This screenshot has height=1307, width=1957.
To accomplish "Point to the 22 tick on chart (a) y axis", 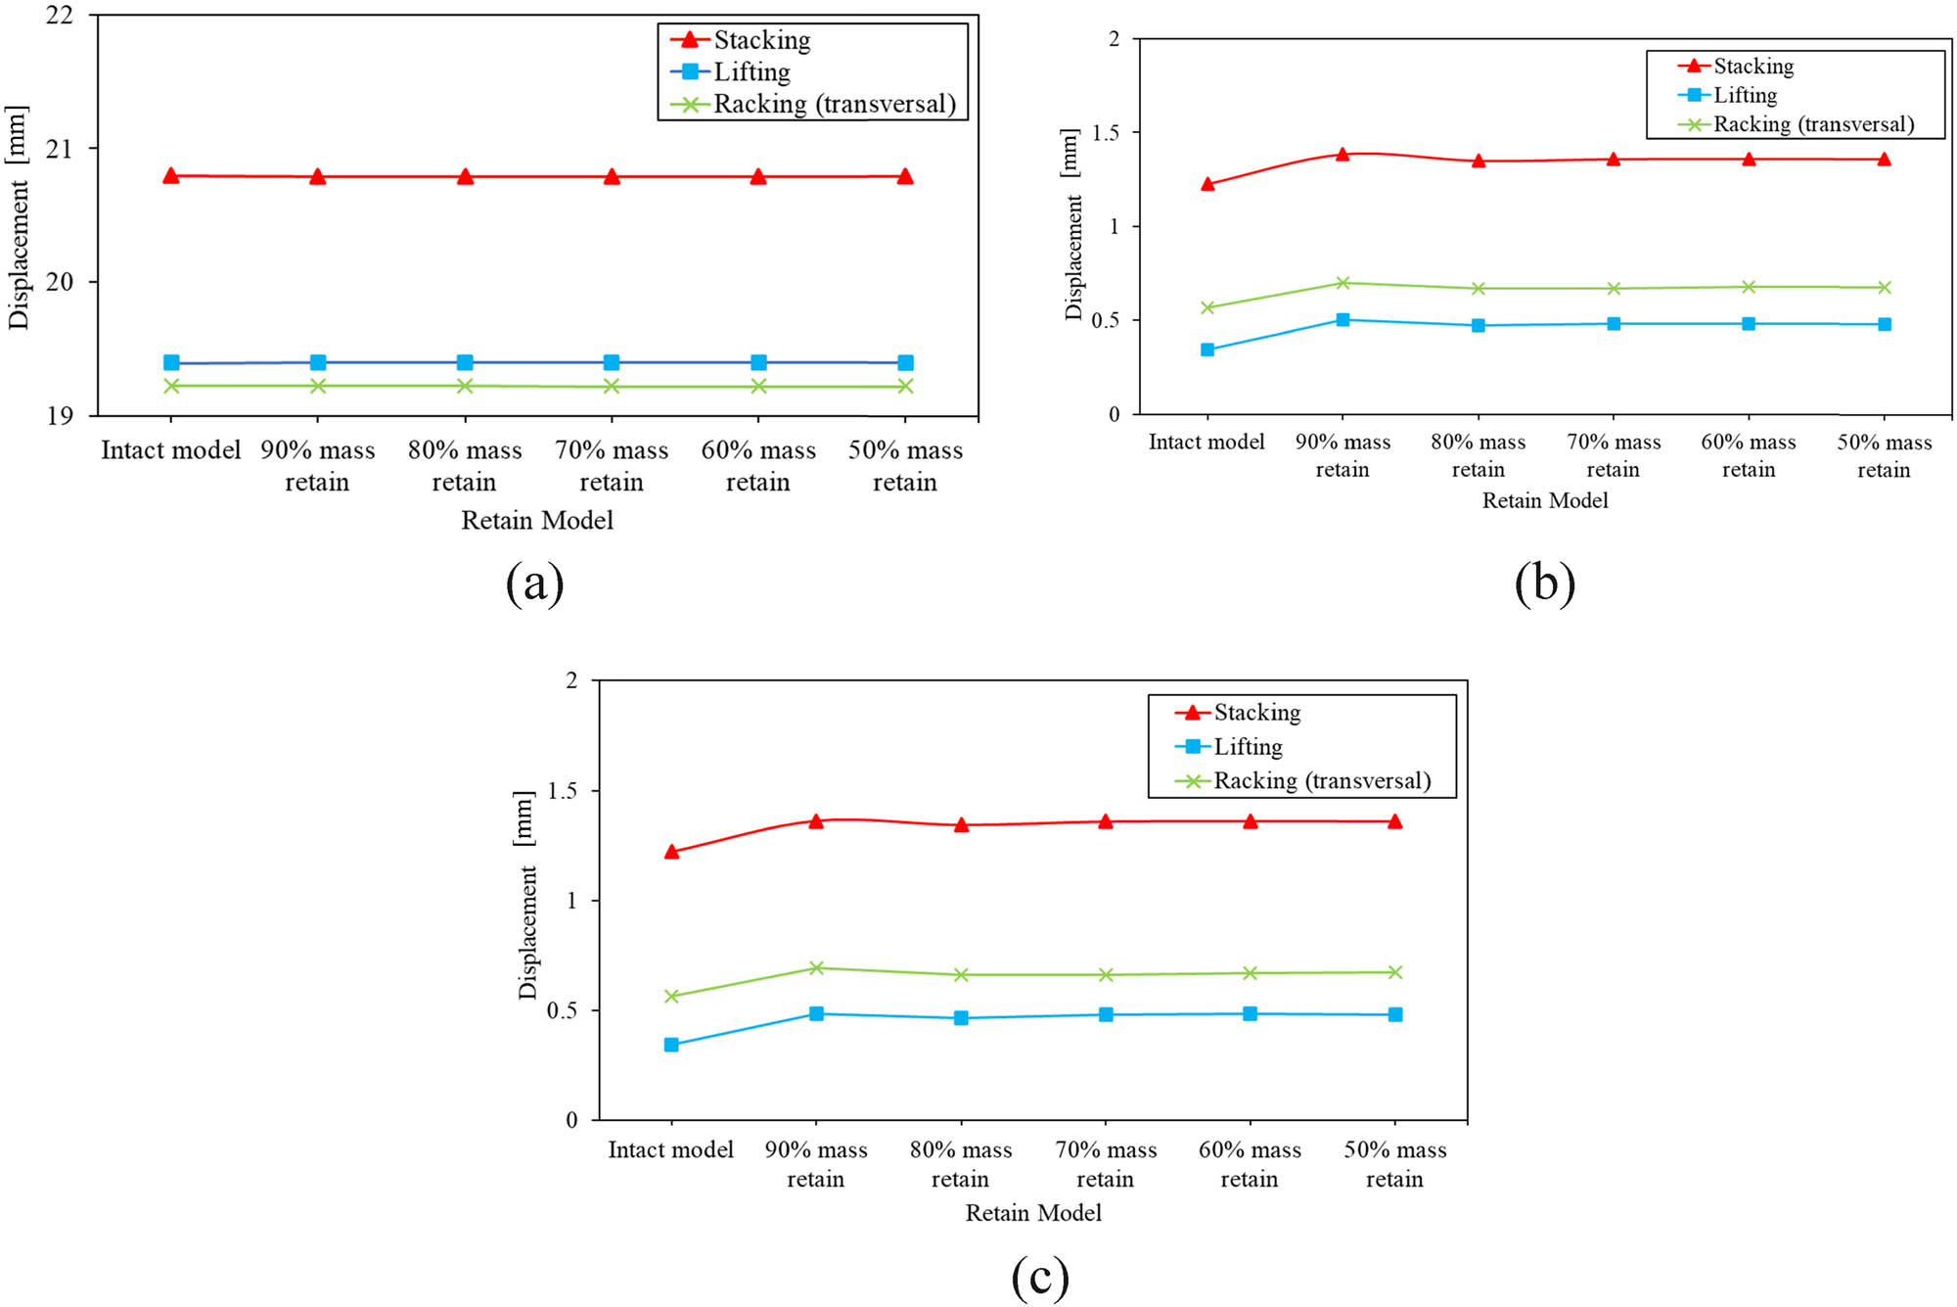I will tap(61, 16).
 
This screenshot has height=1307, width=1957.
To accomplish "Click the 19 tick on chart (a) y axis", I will tap(61, 416).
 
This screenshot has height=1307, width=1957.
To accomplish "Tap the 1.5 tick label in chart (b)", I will tap(1106, 132).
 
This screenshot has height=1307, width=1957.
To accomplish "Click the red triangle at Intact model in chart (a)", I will tap(171, 176).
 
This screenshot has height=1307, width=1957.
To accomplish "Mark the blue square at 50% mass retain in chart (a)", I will tap(905, 363).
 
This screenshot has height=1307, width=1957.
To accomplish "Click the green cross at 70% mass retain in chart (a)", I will tap(612, 387).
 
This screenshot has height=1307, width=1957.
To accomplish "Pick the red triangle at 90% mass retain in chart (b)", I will tap(1343, 155).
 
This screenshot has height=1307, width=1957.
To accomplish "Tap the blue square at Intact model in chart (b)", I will tap(1207, 350).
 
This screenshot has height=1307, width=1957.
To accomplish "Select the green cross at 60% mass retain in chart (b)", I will tap(1749, 287).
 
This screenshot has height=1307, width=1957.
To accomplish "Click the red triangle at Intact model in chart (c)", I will tap(671, 852).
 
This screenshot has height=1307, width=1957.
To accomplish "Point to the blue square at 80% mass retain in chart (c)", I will tap(961, 1018).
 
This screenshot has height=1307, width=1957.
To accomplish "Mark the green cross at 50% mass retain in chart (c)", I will tap(1395, 972).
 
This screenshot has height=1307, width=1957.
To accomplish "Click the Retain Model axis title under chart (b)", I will tap(1544, 500).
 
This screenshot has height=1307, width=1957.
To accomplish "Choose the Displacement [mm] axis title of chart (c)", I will tap(526, 894).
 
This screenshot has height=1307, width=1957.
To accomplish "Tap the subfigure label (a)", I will tap(535, 583).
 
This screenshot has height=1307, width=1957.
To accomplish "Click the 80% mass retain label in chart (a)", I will tap(465, 465).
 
